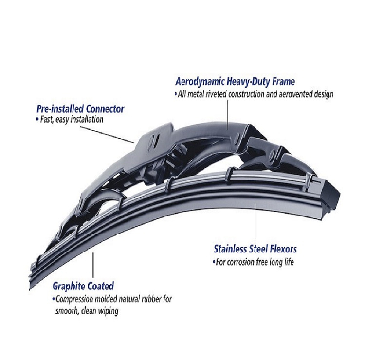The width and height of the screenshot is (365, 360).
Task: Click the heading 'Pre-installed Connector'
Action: pyautogui.click(x=80, y=109)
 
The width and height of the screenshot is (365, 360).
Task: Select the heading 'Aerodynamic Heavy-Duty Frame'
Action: pyautogui.click(x=235, y=82)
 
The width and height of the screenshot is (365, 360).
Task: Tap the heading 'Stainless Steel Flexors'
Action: pyautogui.click(x=255, y=249)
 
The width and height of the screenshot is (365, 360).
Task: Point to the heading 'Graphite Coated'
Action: pyautogui.click(x=83, y=286)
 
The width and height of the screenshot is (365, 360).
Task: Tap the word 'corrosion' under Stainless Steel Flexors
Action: pyautogui.click(x=241, y=262)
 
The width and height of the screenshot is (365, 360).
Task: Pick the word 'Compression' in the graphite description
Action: pyautogui.click(x=75, y=299)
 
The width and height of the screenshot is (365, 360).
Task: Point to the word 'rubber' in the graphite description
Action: pyautogui.click(x=150, y=299)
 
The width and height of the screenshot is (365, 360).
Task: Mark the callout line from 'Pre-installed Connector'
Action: pyautogui.click(x=107, y=135)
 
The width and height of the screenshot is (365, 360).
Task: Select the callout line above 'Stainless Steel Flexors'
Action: pyautogui.click(x=255, y=221)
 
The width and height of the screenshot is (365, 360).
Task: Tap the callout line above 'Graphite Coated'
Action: pyautogui.click(x=93, y=265)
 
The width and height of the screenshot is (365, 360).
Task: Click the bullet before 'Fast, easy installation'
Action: pyautogui.click(x=37, y=120)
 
